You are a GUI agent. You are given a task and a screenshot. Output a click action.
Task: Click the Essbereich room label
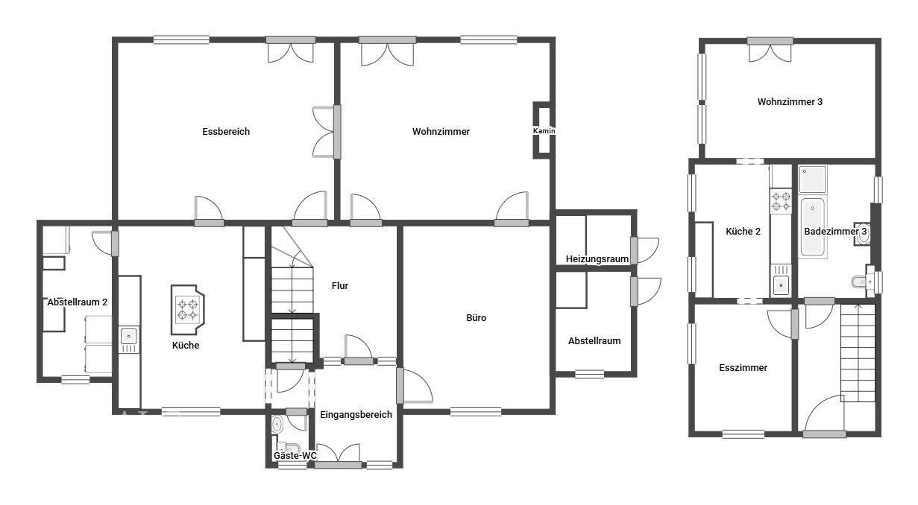(x=226, y=132)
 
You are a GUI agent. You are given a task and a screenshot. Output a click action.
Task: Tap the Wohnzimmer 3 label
(x=790, y=102)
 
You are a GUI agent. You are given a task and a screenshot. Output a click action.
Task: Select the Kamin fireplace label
(x=544, y=131)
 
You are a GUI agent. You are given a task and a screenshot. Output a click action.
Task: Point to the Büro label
(x=477, y=318)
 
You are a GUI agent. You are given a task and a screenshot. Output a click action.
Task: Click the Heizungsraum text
(x=597, y=259)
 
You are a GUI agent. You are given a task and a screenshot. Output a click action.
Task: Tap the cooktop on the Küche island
(x=187, y=309)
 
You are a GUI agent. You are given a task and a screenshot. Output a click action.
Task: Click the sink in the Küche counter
(x=129, y=336)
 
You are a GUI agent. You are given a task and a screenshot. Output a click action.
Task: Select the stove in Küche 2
(x=781, y=200)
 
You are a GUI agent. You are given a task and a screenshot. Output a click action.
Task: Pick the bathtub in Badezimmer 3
(x=813, y=226)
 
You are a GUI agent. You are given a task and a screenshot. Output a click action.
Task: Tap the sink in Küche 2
(x=781, y=285)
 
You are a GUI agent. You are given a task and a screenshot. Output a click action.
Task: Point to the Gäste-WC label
(x=295, y=456)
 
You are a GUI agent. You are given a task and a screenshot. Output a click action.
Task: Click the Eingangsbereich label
(x=356, y=415)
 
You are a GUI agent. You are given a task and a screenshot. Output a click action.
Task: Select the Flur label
(x=340, y=286)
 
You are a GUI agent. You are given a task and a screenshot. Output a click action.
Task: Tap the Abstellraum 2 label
(x=77, y=302)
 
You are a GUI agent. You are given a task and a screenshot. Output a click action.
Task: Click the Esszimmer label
(x=743, y=367)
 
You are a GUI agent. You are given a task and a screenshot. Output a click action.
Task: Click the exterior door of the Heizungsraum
(x=645, y=250)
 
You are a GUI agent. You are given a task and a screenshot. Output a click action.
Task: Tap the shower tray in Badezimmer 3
(x=812, y=179)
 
